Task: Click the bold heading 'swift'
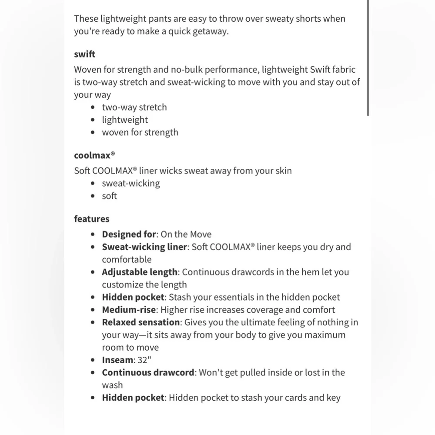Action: [84, 54]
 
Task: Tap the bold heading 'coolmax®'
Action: [94, 155]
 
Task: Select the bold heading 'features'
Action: [91, 219]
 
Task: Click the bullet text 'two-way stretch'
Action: [134, 107]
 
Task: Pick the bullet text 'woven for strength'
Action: [140, 132]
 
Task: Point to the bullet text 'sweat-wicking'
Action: [130, 183]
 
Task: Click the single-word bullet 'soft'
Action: [109, 196]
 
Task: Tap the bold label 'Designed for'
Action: [129, 234]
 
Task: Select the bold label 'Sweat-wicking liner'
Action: [144, 247]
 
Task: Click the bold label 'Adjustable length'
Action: [140, 272]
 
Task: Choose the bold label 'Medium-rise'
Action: [129, 310]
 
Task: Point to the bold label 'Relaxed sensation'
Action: [141, 322]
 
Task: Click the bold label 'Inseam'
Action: [117, 360]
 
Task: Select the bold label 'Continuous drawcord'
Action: [148, 372]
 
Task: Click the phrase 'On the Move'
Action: [186, 234]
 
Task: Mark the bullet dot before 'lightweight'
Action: [93, 120]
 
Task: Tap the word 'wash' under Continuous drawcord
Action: [112, 385]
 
